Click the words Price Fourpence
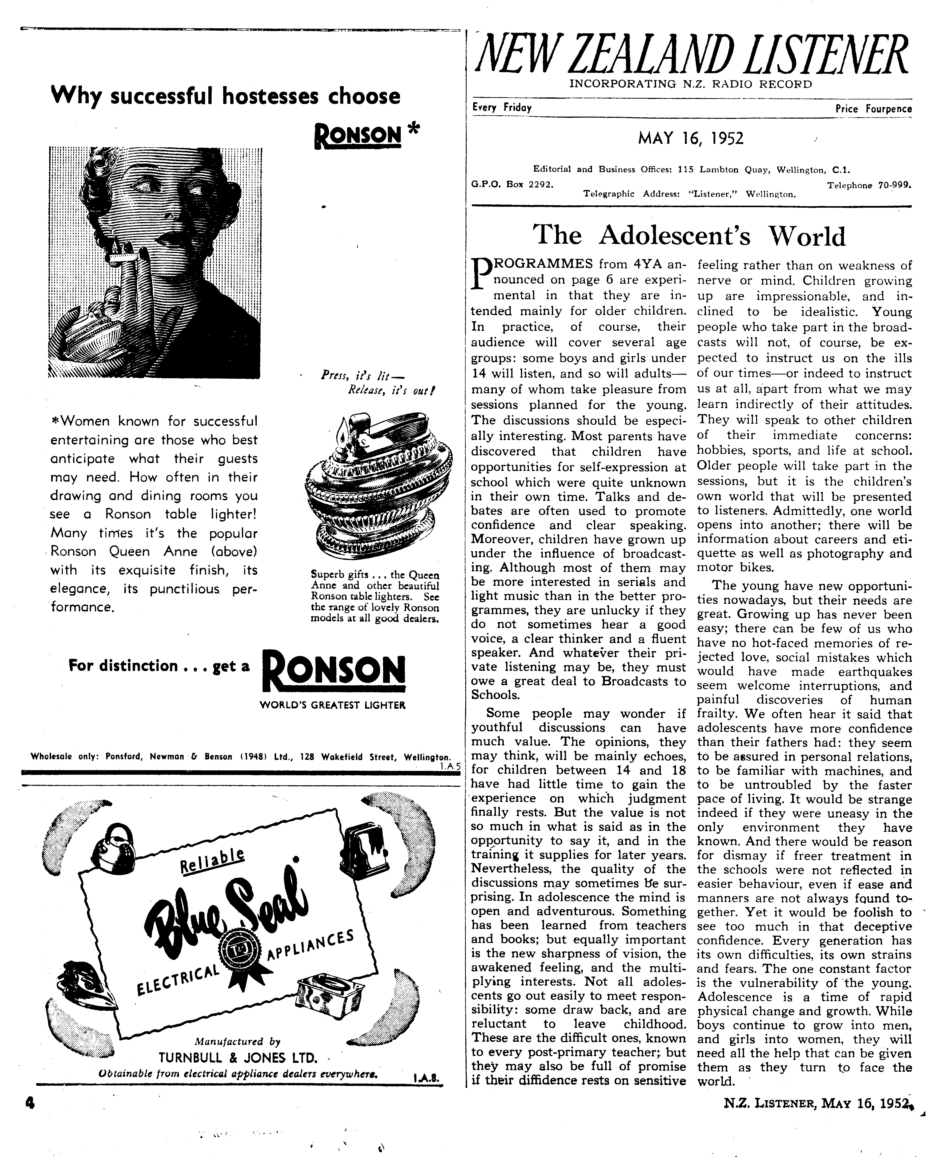[x=874, y=109]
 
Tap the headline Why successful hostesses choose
[x=225, y=96]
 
